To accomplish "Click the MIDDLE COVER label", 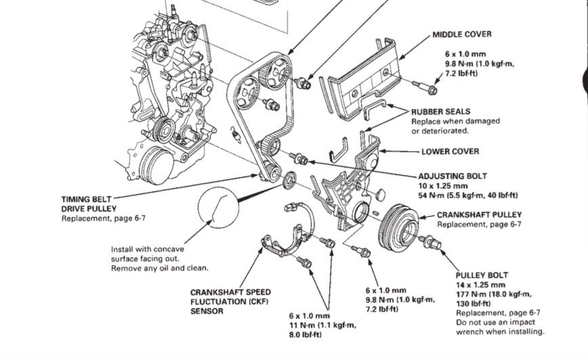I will pos(462,34).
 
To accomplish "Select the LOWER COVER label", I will pos(450,151).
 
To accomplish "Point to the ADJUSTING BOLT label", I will pos(453,175).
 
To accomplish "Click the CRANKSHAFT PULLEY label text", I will pos(479,214).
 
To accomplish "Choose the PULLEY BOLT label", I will pos(482,275).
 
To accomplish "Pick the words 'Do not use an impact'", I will pos(493,323).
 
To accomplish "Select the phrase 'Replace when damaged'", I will pos(455,121).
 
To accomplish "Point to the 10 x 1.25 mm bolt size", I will pos(443,185).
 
